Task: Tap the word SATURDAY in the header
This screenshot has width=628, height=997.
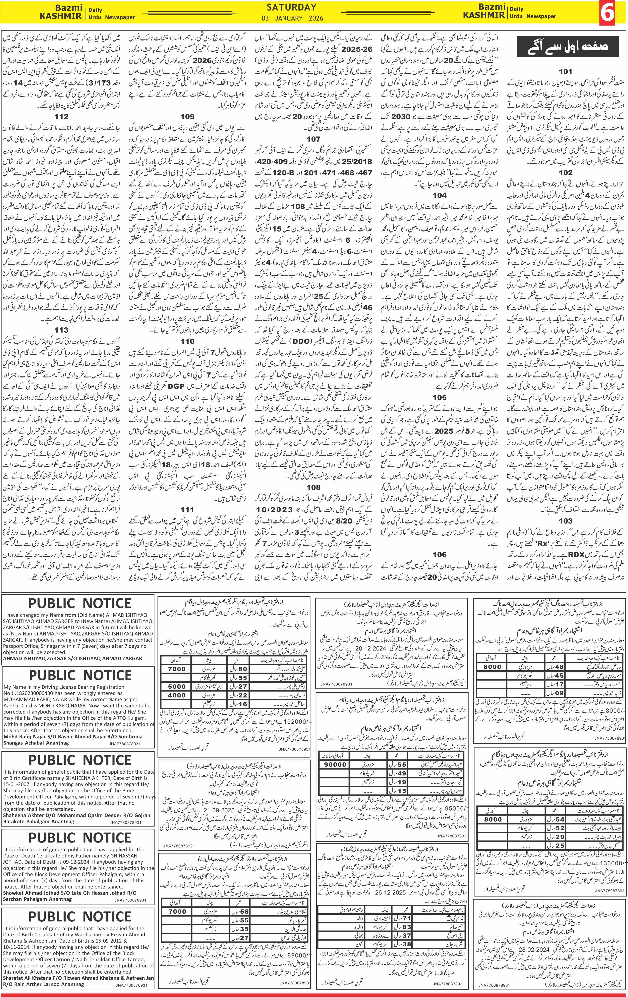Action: click(292, 7)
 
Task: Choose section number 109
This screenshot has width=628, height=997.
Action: click(187, 117)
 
